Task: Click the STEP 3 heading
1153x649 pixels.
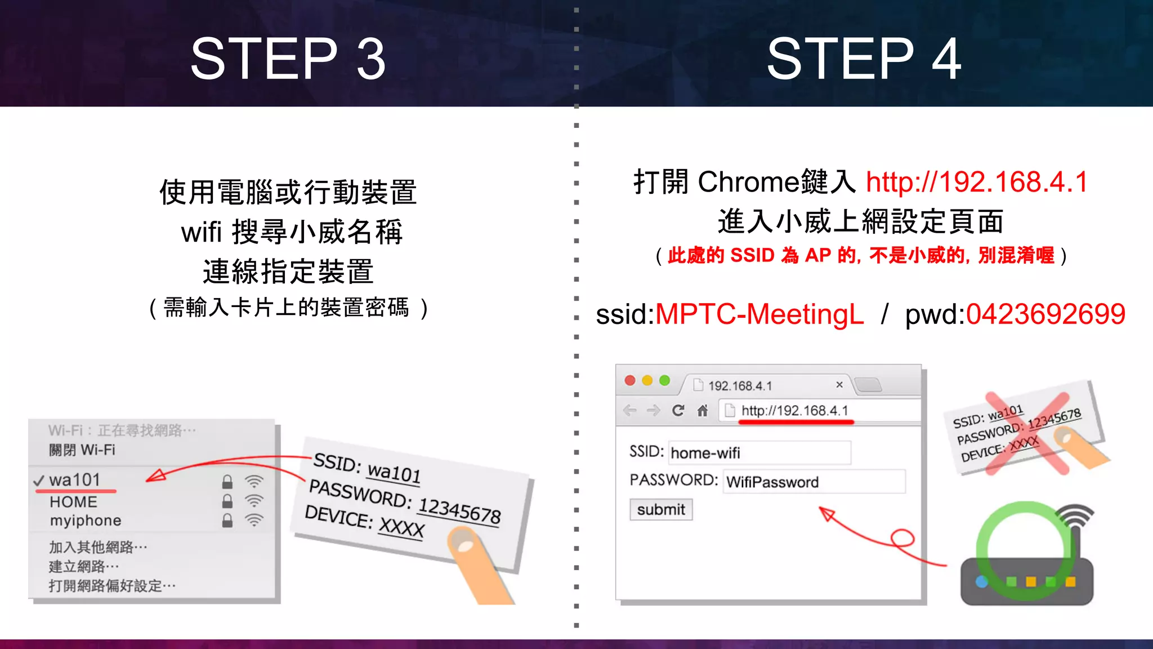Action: click(288, 59)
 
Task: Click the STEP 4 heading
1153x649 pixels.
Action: click(864, 59)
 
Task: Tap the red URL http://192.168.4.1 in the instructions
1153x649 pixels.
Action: click(977, 182)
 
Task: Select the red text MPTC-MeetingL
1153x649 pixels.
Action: click(759, 314)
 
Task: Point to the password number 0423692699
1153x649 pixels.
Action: click(1045, 314)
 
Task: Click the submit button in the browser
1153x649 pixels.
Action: click(660, 509)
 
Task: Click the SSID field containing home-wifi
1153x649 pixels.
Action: click(759, 452)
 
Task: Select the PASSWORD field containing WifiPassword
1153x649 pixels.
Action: click(814, 482)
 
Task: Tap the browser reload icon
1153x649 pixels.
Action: click(678, 410)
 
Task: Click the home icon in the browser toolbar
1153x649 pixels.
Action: click(702, 410)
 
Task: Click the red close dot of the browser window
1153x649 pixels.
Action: click(630, 380)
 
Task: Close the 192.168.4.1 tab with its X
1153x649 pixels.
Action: click(839, 384)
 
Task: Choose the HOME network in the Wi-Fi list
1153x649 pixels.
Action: click(73, 501)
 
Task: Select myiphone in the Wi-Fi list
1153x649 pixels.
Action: click(86, 520)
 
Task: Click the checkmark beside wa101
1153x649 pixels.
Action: click(39, 481)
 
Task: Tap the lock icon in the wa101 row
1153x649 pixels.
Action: click(227, 482)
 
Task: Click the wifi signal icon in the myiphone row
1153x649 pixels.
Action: click(254, 519)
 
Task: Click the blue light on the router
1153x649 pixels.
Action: click(981, 581)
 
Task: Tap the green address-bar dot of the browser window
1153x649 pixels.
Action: click(664, 380)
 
